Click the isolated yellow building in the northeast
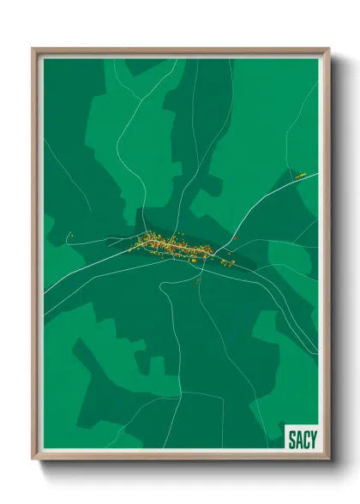pos(301,176)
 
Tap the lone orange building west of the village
pos(72,235)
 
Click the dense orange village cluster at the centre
pos(171,244)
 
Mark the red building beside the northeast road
pos(233,238)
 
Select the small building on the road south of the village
pos(198,279)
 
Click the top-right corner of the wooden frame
pos(328,50)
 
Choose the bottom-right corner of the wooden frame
pos(328,459)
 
